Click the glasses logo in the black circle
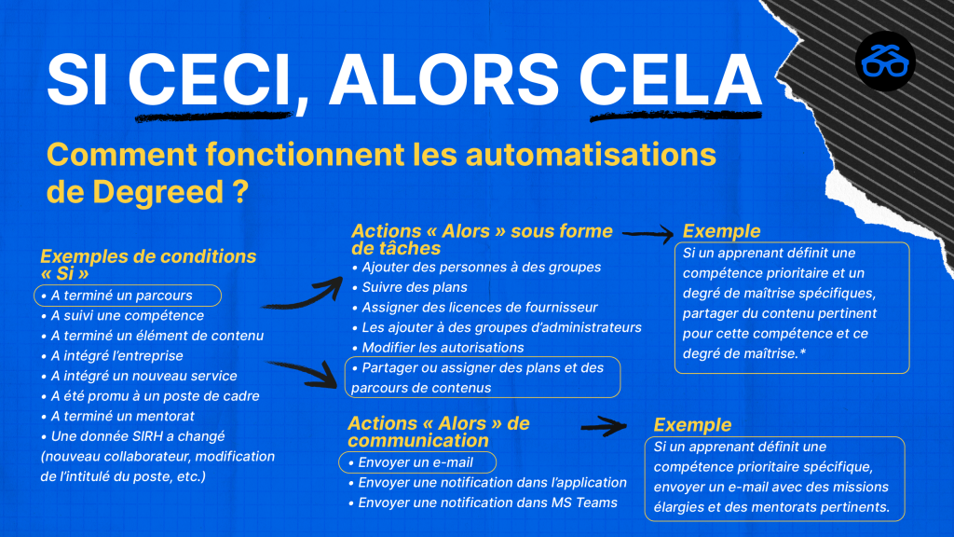click(x=885, y=61)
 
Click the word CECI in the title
click(x=209, y=79)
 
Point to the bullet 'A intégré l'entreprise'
click(x=112, y=355)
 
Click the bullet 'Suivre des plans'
click(x=410, y=287)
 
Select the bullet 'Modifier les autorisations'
click(x=438, y=348)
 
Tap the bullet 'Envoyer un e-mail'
click(x=411, y=462)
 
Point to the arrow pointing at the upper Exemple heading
click(x=648, y=234)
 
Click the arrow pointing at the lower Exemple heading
click(x=604, y=426)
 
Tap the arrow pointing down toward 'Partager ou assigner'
click(x=303, y=373)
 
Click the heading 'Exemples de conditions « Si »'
click(x=148, y=264)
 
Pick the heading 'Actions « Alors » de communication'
click(x=438, y=432)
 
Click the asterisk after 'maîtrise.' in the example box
click(x=802, y=351)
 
